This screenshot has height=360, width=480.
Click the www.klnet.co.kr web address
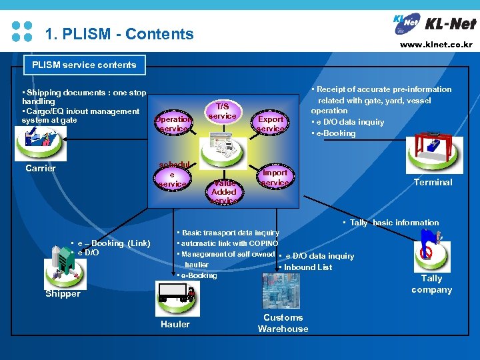tap(436, 45)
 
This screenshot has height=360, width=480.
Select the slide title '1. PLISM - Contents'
tap(119, 34)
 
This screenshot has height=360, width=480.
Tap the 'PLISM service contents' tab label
tap(84, 65)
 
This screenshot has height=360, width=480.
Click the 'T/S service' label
tap(223, 111)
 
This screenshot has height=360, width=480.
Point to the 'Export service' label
tap(271, 123)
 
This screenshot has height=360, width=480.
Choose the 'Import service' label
tap(275, 177)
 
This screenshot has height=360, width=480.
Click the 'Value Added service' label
tap(224, 191)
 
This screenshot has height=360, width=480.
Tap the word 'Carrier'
tap(41, 168)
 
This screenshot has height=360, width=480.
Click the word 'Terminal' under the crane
tap(433, 182)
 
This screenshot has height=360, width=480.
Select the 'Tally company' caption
tap(431, 284)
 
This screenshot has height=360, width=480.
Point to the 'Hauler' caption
tap(175, 324)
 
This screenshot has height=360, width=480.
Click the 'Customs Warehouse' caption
tap(283, 323)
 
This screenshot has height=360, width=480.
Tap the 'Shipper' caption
tap(63, 293)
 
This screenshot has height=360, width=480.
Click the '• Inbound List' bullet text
tap(306, 267)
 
